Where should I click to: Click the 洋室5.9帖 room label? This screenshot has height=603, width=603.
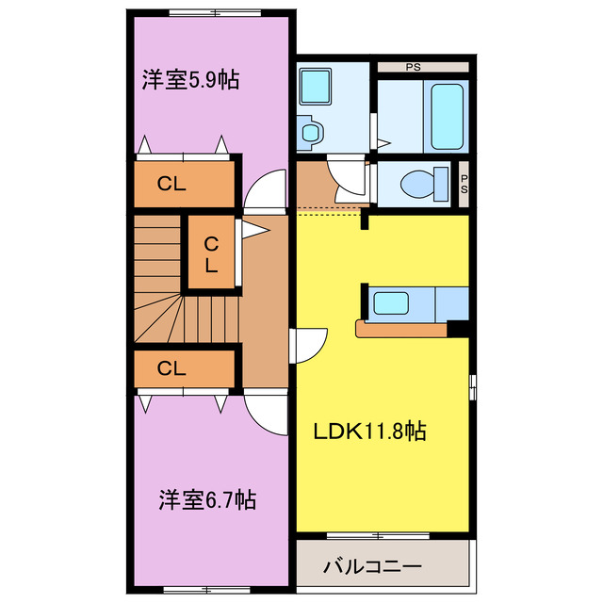coord(190,79)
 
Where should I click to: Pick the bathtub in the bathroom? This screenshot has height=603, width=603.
coord(448,115)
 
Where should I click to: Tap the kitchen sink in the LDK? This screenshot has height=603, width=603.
coord(390,302)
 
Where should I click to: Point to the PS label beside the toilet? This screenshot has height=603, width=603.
coord(464,184)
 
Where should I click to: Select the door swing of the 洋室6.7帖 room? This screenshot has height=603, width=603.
coord(267,412)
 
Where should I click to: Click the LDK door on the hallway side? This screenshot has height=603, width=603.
coord(309,347)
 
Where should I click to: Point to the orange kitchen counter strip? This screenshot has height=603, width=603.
coord(400,329)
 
